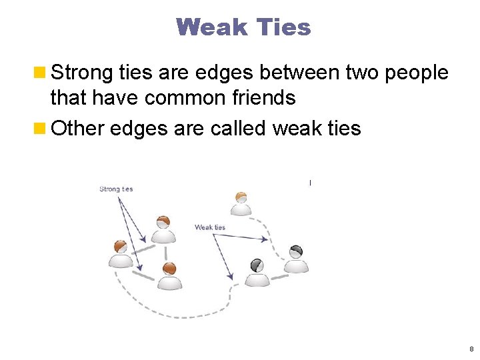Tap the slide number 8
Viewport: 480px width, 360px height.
click(471, 349)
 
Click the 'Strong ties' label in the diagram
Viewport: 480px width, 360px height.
click(116, 189)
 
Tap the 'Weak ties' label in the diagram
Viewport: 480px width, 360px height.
click(210, 227)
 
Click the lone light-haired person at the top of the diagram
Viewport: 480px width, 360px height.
click(241, 203)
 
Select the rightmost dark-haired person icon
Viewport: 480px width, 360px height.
click(296, 259)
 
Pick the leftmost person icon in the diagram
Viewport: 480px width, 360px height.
click(121, 254)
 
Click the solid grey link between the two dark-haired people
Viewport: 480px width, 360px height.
click(276, 270)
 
